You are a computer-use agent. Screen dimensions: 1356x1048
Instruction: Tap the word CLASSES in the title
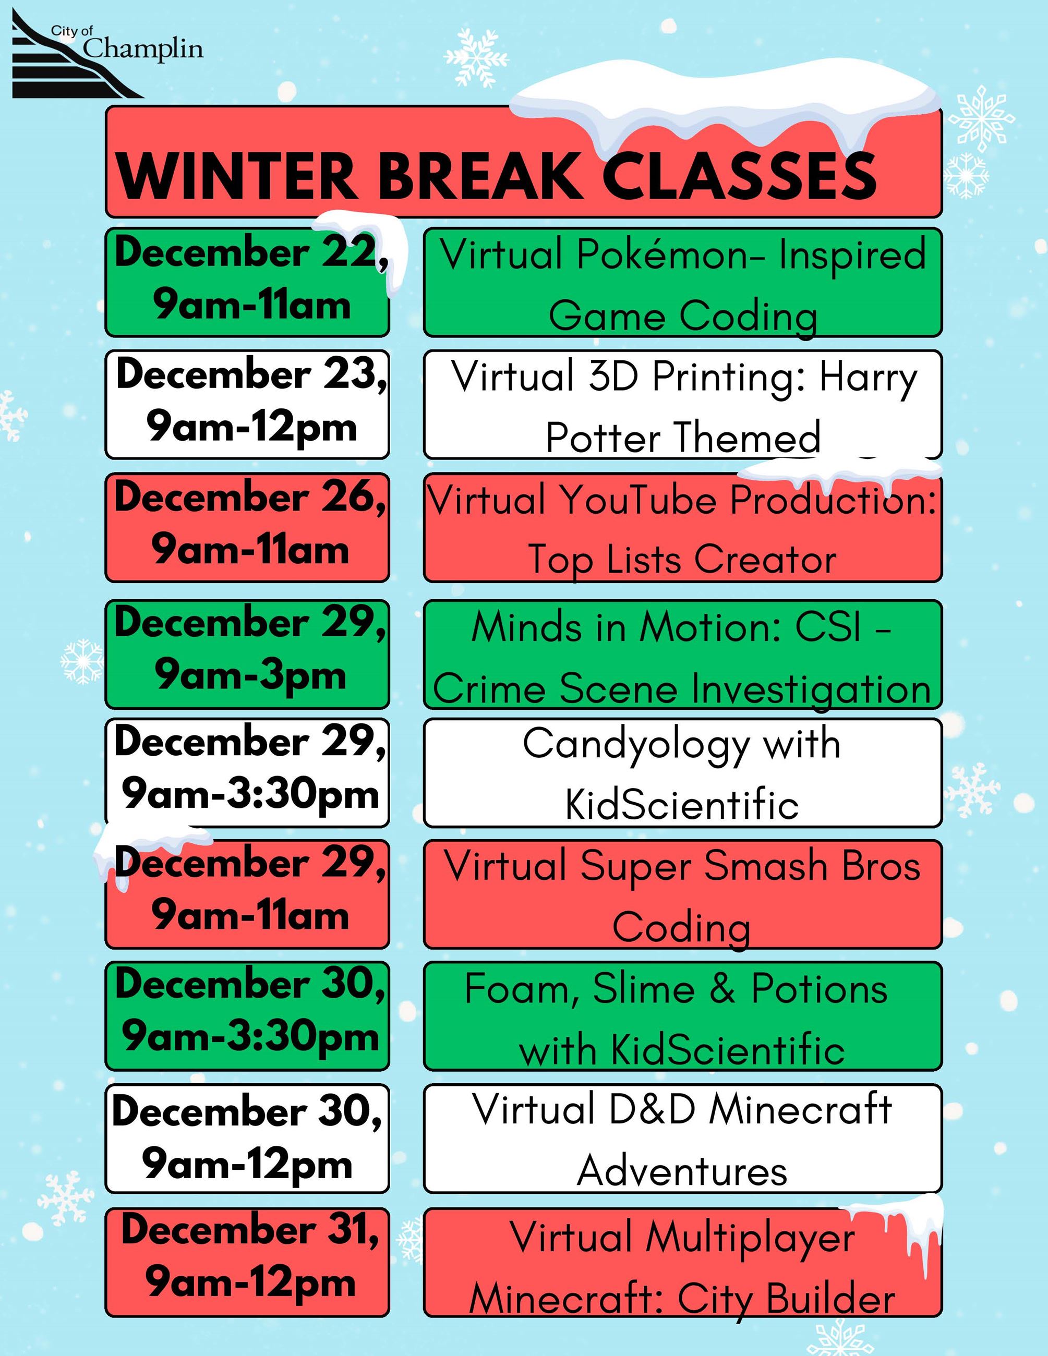click(739, 177)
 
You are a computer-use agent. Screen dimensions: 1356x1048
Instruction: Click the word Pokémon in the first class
click(663, 254)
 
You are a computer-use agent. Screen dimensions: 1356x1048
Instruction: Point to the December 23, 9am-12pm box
click(247, 404)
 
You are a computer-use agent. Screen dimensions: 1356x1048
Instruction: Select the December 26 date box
click(247, 527)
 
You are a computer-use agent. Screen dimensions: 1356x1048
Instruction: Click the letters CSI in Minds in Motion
click(828, 626)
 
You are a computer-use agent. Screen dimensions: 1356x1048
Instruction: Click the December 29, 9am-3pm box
click(247, 654)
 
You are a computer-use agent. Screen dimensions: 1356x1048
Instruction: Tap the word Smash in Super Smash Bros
click(766, 866)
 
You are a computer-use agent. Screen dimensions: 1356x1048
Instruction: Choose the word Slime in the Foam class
click(643, 988)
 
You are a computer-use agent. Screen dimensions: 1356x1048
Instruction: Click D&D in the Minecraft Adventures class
click(651, 1109)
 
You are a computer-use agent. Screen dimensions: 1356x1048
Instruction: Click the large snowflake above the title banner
click(476, 58)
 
